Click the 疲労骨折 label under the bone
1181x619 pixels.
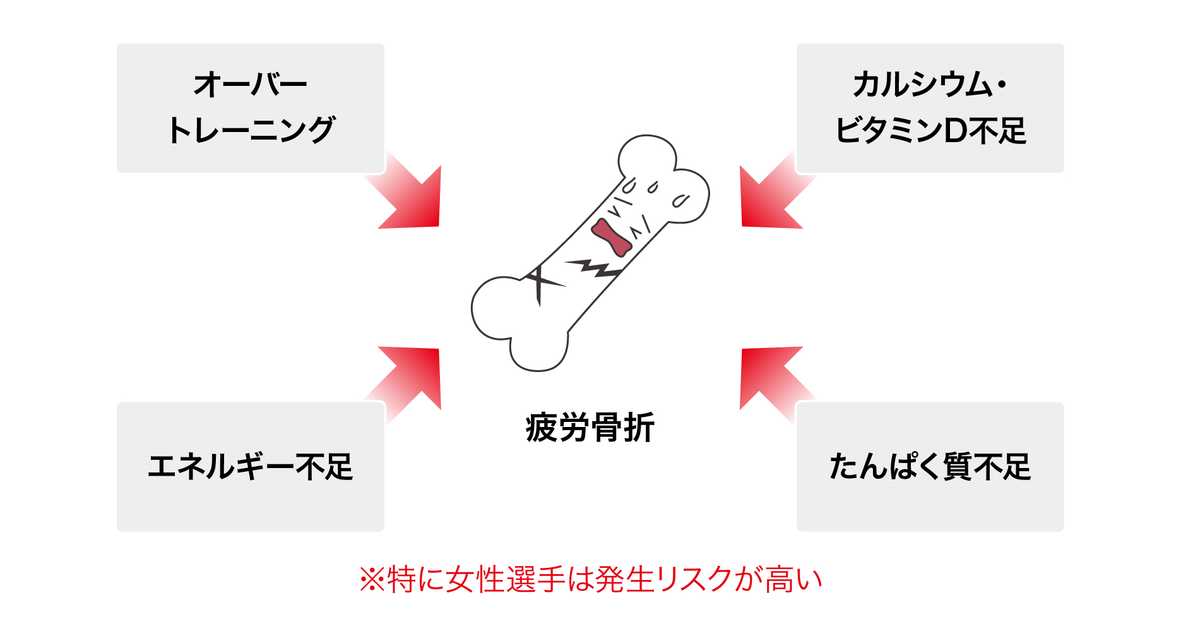pos(590,428)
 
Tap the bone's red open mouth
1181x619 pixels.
pos(611,237)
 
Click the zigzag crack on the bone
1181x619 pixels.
pos(593,268)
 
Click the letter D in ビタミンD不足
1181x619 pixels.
pos(954,131)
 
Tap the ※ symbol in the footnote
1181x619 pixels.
pos(372,579)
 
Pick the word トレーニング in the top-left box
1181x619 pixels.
pos(251,131)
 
